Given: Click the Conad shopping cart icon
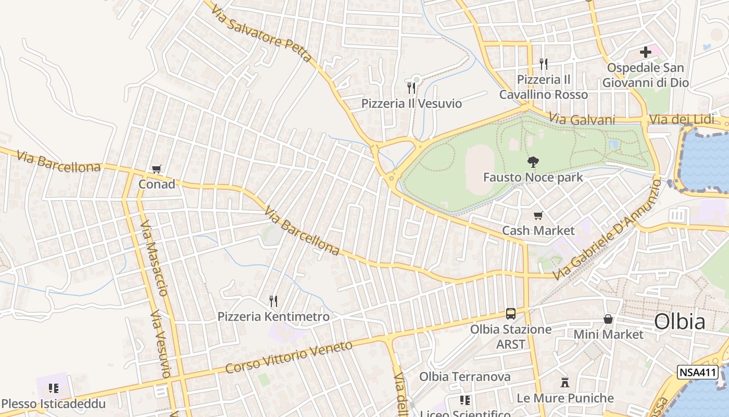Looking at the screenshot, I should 156,169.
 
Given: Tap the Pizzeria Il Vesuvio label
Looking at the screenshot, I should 411,104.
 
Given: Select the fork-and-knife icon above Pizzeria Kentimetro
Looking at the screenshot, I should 273,301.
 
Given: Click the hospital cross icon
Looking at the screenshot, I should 646,52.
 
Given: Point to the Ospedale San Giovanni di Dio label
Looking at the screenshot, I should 646,75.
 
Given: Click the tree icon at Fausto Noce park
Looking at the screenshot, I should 533,162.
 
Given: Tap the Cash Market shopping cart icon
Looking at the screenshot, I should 538,216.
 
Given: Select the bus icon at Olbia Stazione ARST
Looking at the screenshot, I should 511,314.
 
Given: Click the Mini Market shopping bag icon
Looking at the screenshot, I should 608,319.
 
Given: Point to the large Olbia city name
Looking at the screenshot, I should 680,322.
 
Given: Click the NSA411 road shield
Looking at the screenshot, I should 698,372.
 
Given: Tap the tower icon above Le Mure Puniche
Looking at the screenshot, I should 565,383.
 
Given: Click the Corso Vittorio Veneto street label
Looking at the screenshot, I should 289,357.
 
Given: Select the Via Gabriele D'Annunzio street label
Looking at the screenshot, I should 607,229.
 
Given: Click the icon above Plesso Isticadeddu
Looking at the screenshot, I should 53,388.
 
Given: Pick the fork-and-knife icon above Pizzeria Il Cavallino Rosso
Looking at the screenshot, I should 544,64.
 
